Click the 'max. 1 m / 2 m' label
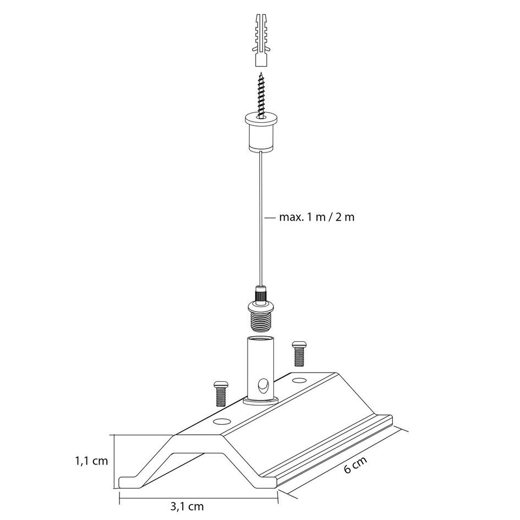point(316,217)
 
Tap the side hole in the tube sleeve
point(264,382)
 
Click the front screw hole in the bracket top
point(222,422)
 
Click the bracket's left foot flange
point(132,481)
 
